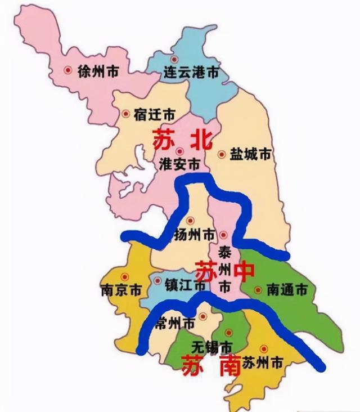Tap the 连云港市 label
pos(183,73)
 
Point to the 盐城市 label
pos(251,154)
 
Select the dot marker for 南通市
pos(258,290)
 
